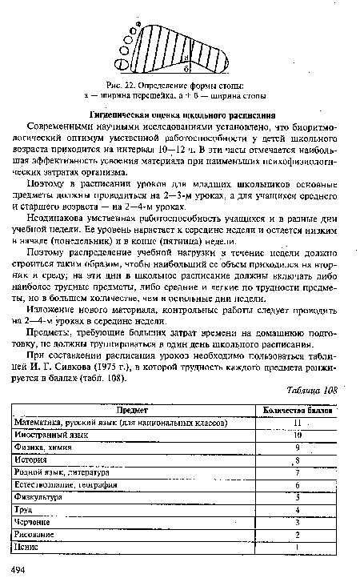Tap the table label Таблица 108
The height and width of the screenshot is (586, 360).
point(311,390)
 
